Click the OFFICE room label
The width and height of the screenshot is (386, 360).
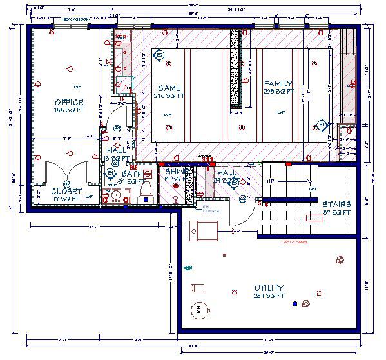point(69,103)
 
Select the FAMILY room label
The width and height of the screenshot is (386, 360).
point(278,84)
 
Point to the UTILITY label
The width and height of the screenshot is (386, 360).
point(269,288)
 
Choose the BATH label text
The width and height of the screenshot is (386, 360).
point(132,174)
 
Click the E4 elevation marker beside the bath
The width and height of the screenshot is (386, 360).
point(110,174)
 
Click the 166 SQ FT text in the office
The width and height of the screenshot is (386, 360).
point(69,110)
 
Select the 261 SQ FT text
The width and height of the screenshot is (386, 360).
point(269,295)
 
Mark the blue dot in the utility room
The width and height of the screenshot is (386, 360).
point(295,303)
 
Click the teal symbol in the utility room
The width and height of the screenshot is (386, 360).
point(188,266)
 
